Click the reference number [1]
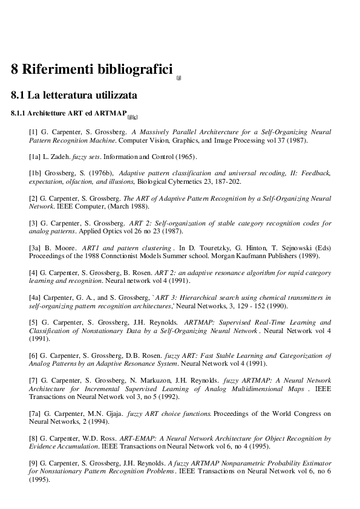(x=34, y=131)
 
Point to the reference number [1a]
(x=36, y=157)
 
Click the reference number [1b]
(x=36, y=173)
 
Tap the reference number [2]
(x=34, y=198)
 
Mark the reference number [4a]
(x=36, y=298)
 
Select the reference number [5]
(x=34, y=322)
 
